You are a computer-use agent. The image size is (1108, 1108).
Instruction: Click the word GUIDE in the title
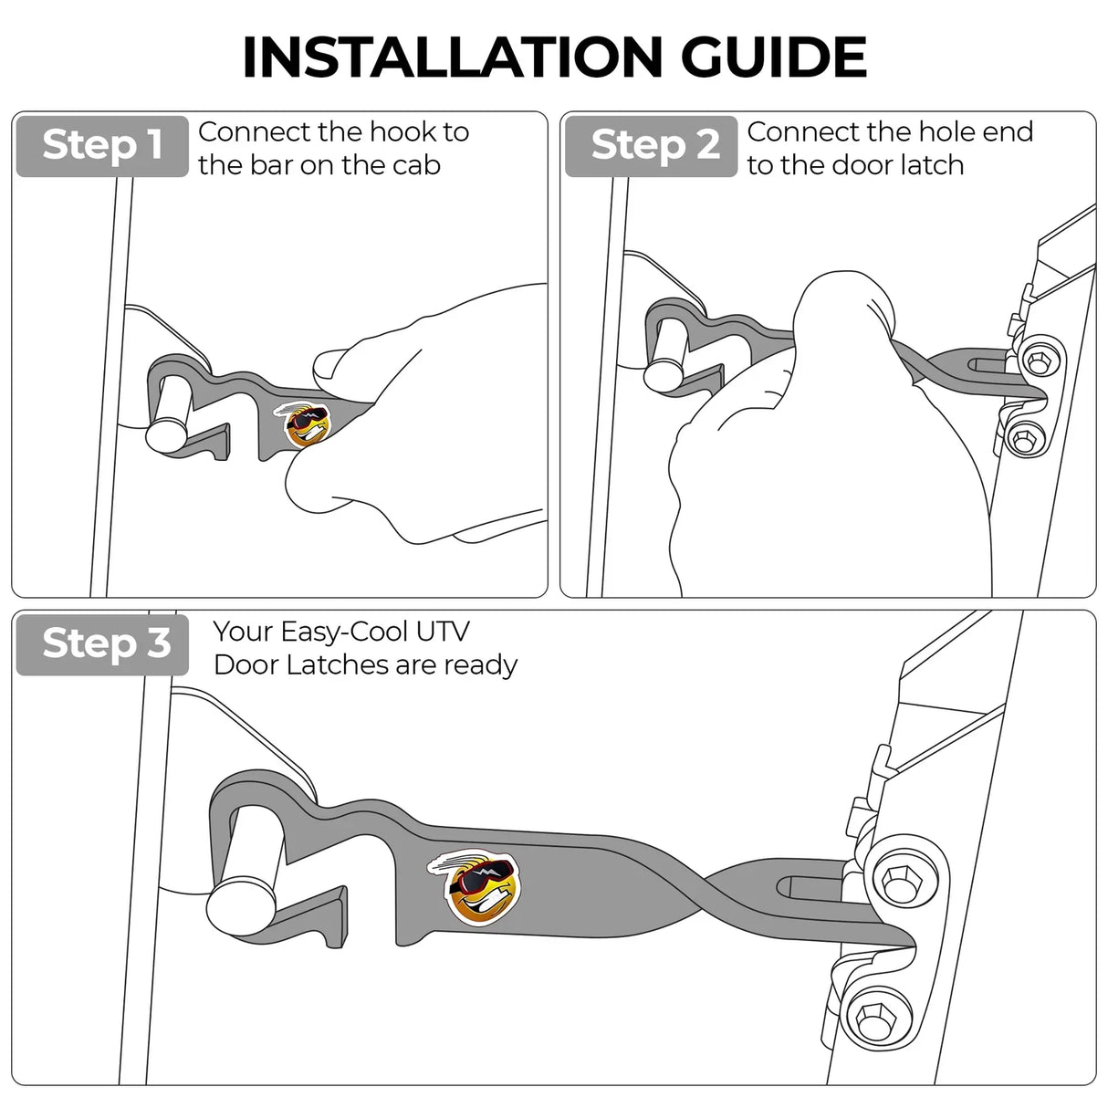tap(773, 57)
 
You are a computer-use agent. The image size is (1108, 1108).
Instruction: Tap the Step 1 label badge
tap(102, 145)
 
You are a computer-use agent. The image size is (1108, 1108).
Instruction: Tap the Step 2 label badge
tap(651, 145)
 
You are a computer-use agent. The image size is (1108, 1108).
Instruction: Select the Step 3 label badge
tap(103, 643)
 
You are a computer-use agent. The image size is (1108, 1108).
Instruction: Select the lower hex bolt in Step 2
tap(1022, 441)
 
